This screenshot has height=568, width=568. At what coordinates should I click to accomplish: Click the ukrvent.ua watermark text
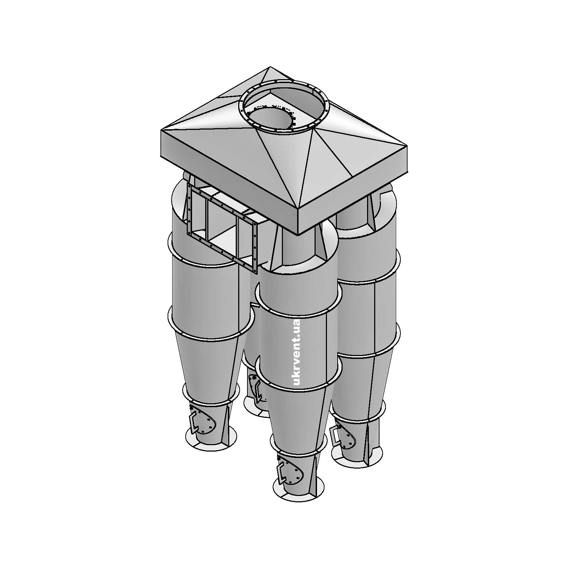point(297,352)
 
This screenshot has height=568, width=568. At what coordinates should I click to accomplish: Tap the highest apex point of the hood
point(270,67)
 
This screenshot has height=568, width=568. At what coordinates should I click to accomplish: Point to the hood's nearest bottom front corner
point(298,235)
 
